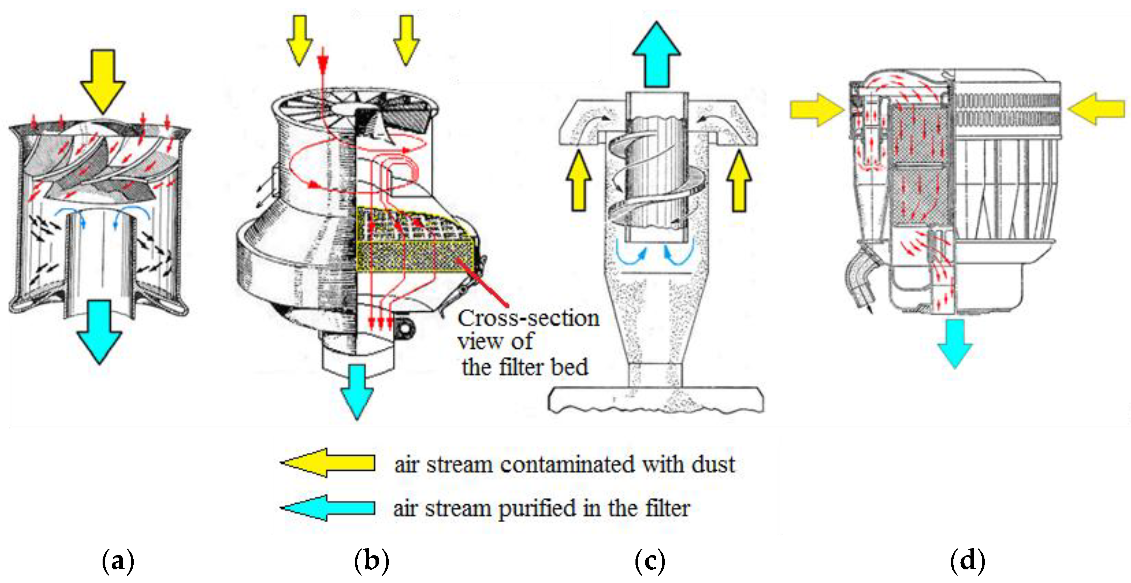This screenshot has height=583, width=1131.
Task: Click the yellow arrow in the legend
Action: click(328, 463)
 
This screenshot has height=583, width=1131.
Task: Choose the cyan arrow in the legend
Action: click(328, 508)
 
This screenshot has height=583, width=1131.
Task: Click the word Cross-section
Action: click(528, 318)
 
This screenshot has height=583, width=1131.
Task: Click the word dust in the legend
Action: click(713, 464)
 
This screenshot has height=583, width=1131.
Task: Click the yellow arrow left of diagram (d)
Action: click(817, 109)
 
